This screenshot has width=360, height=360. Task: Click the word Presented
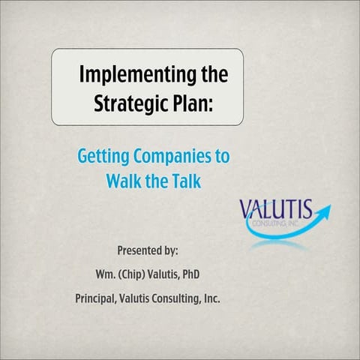tap(143, 250)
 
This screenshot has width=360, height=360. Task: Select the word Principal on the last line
tap(95, 298)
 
